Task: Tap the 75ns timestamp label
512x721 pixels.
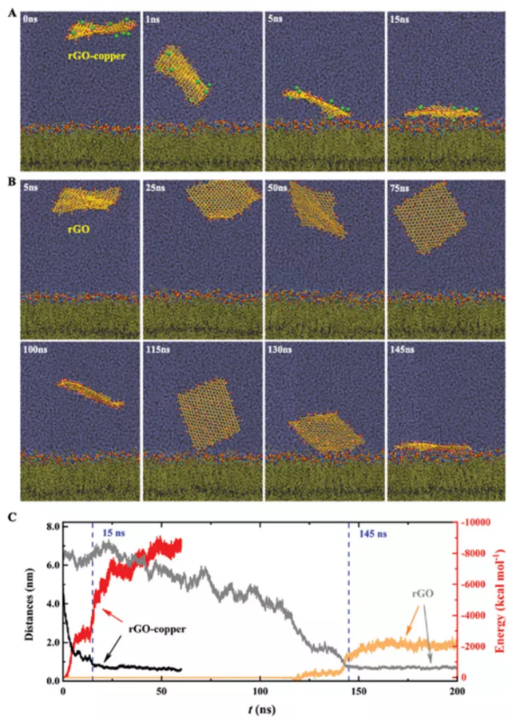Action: coord(402,189)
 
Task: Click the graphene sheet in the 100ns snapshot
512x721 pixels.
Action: coord(89,393)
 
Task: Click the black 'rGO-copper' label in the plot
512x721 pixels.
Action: coord(158,630)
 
